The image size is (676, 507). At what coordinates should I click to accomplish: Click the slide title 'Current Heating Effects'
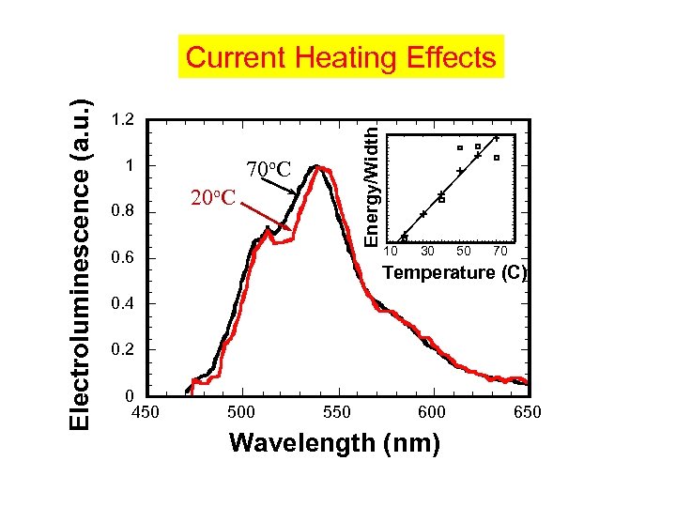coord(341,57)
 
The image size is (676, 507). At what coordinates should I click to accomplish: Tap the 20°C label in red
coord(215,197)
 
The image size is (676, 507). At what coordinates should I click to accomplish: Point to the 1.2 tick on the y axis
coord(122,120)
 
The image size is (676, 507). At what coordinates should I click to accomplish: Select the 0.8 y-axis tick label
coord(122,212)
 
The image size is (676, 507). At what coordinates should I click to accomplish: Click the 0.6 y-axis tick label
coord(122,258)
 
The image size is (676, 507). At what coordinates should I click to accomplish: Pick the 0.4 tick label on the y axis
coord(122,304)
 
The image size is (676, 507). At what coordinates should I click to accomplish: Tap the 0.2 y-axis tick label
coord(122,350)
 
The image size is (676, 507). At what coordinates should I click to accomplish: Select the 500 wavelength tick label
coord(241,412)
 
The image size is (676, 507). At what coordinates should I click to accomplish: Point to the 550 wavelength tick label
coord(336,412)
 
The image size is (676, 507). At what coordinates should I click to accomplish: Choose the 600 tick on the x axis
coord(432,412)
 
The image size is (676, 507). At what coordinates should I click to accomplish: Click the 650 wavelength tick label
coord(527,412)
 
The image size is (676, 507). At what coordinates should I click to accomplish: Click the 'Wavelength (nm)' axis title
coord(334,442)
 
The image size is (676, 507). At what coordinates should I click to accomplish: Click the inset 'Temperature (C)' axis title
coord(455,273)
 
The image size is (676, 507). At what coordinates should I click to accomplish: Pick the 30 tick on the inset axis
coord(428,252)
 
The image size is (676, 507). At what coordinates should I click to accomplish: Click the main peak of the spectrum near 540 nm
coord(320,168)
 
